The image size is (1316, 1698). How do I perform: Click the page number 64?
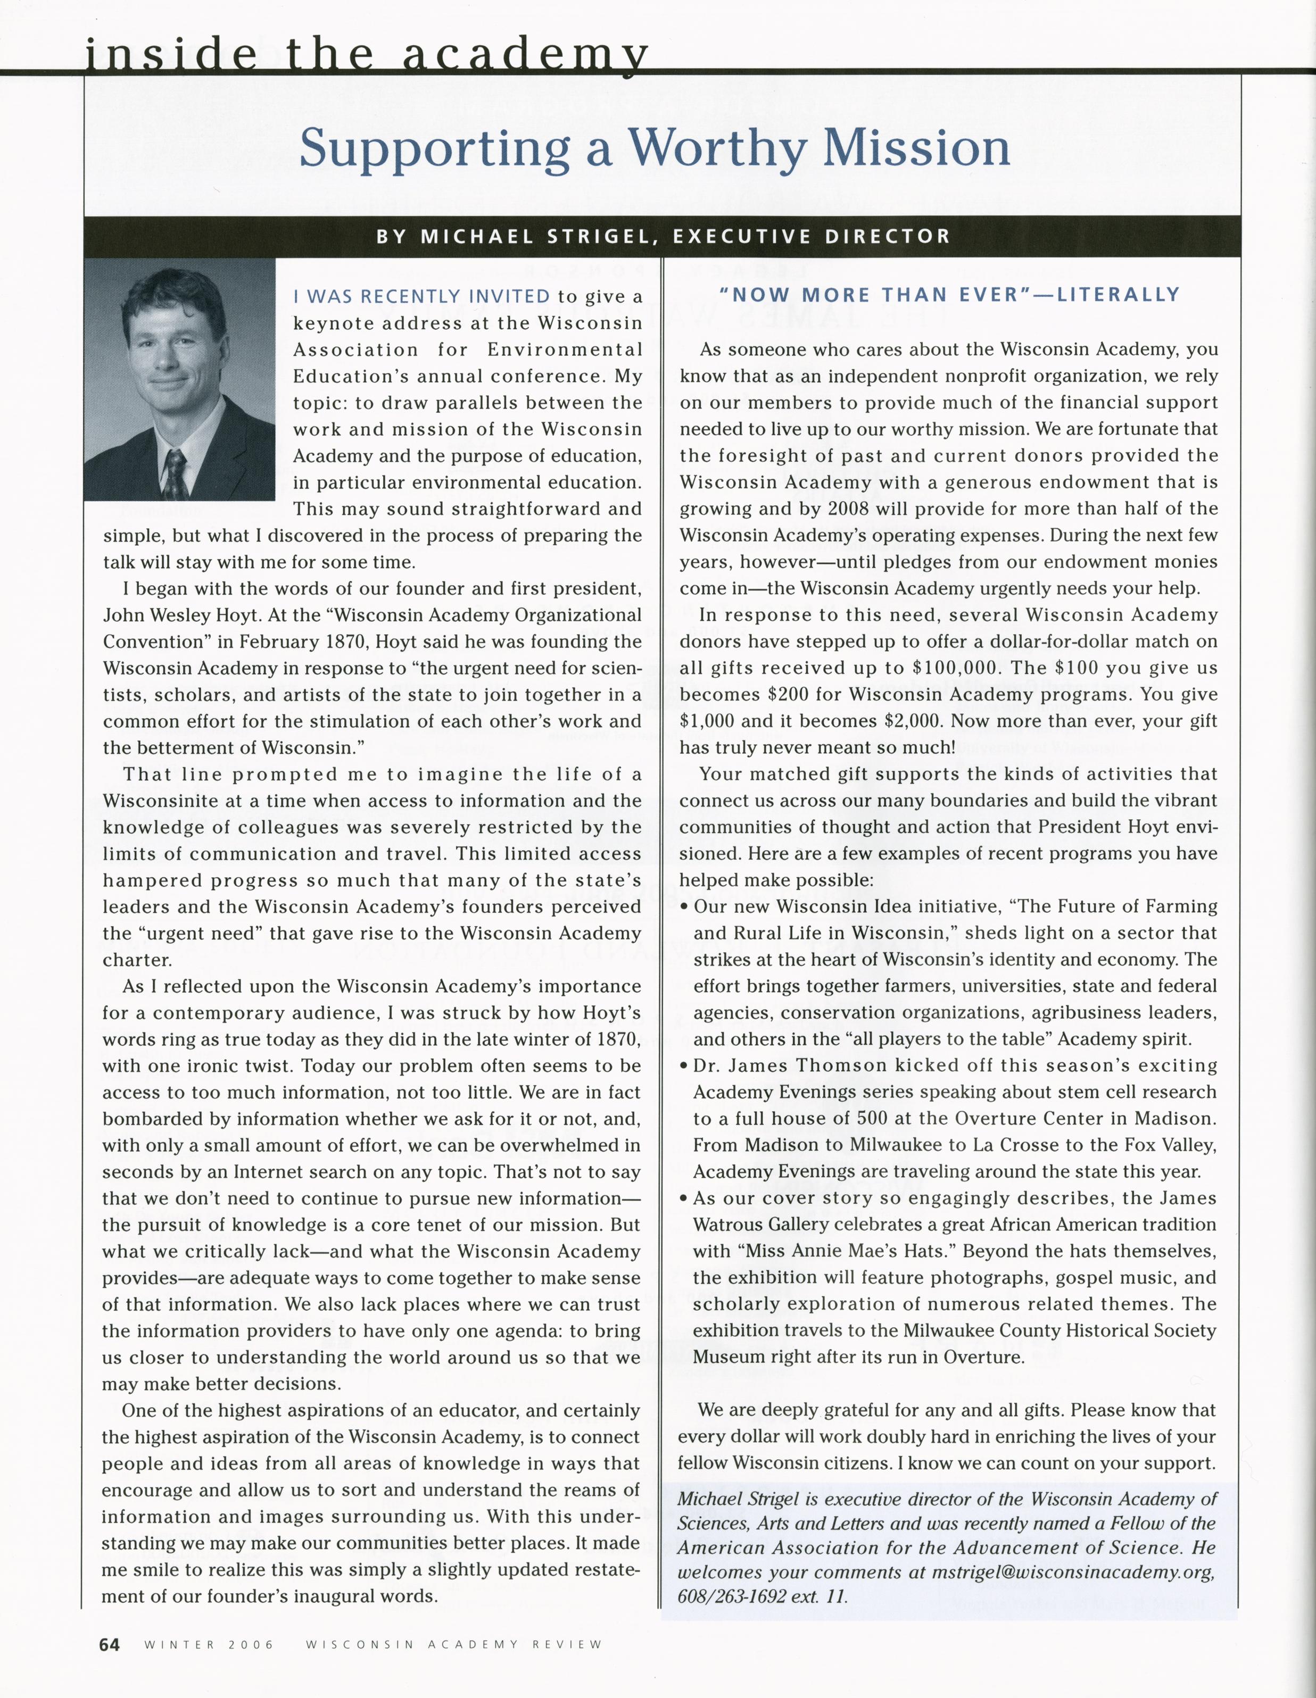pyautogui.click(x=110, y=1644)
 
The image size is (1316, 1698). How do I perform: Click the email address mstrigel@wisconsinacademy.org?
pyautogui.click(x=1073, y=1572)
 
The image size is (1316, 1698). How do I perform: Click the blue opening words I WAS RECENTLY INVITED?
pyautogui.click(x=421, y=296)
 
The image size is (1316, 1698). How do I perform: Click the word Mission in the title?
pyautogui.click(x=916, y=148)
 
